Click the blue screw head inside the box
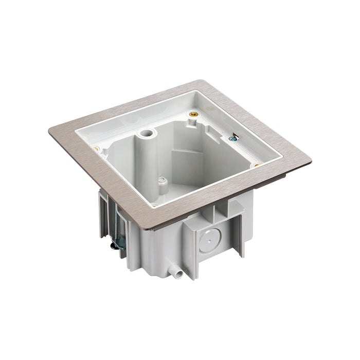click(232, 136)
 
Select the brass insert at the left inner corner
click(96, 149)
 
